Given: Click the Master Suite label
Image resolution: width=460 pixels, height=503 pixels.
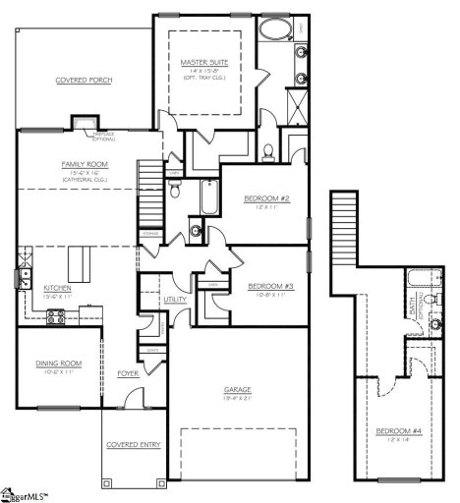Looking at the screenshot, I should pos(204,62).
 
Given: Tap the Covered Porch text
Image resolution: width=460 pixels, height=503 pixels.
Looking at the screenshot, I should pos(82,79).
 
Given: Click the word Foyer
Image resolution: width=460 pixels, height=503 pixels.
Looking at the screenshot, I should pos(128,373).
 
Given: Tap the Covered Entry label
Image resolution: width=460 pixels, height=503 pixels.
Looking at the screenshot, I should pos(133,445).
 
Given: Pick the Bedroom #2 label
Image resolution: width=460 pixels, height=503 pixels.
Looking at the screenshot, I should pos(265,198).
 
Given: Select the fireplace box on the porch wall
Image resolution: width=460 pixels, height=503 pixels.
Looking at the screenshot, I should pos(78,123).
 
